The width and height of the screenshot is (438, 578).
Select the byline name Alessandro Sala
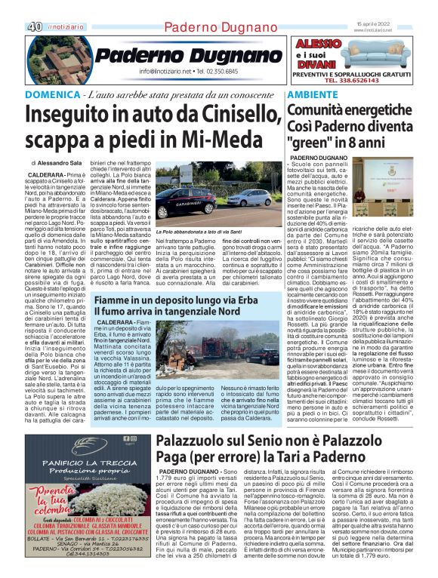66,163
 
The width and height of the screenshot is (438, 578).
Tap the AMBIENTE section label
312,95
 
